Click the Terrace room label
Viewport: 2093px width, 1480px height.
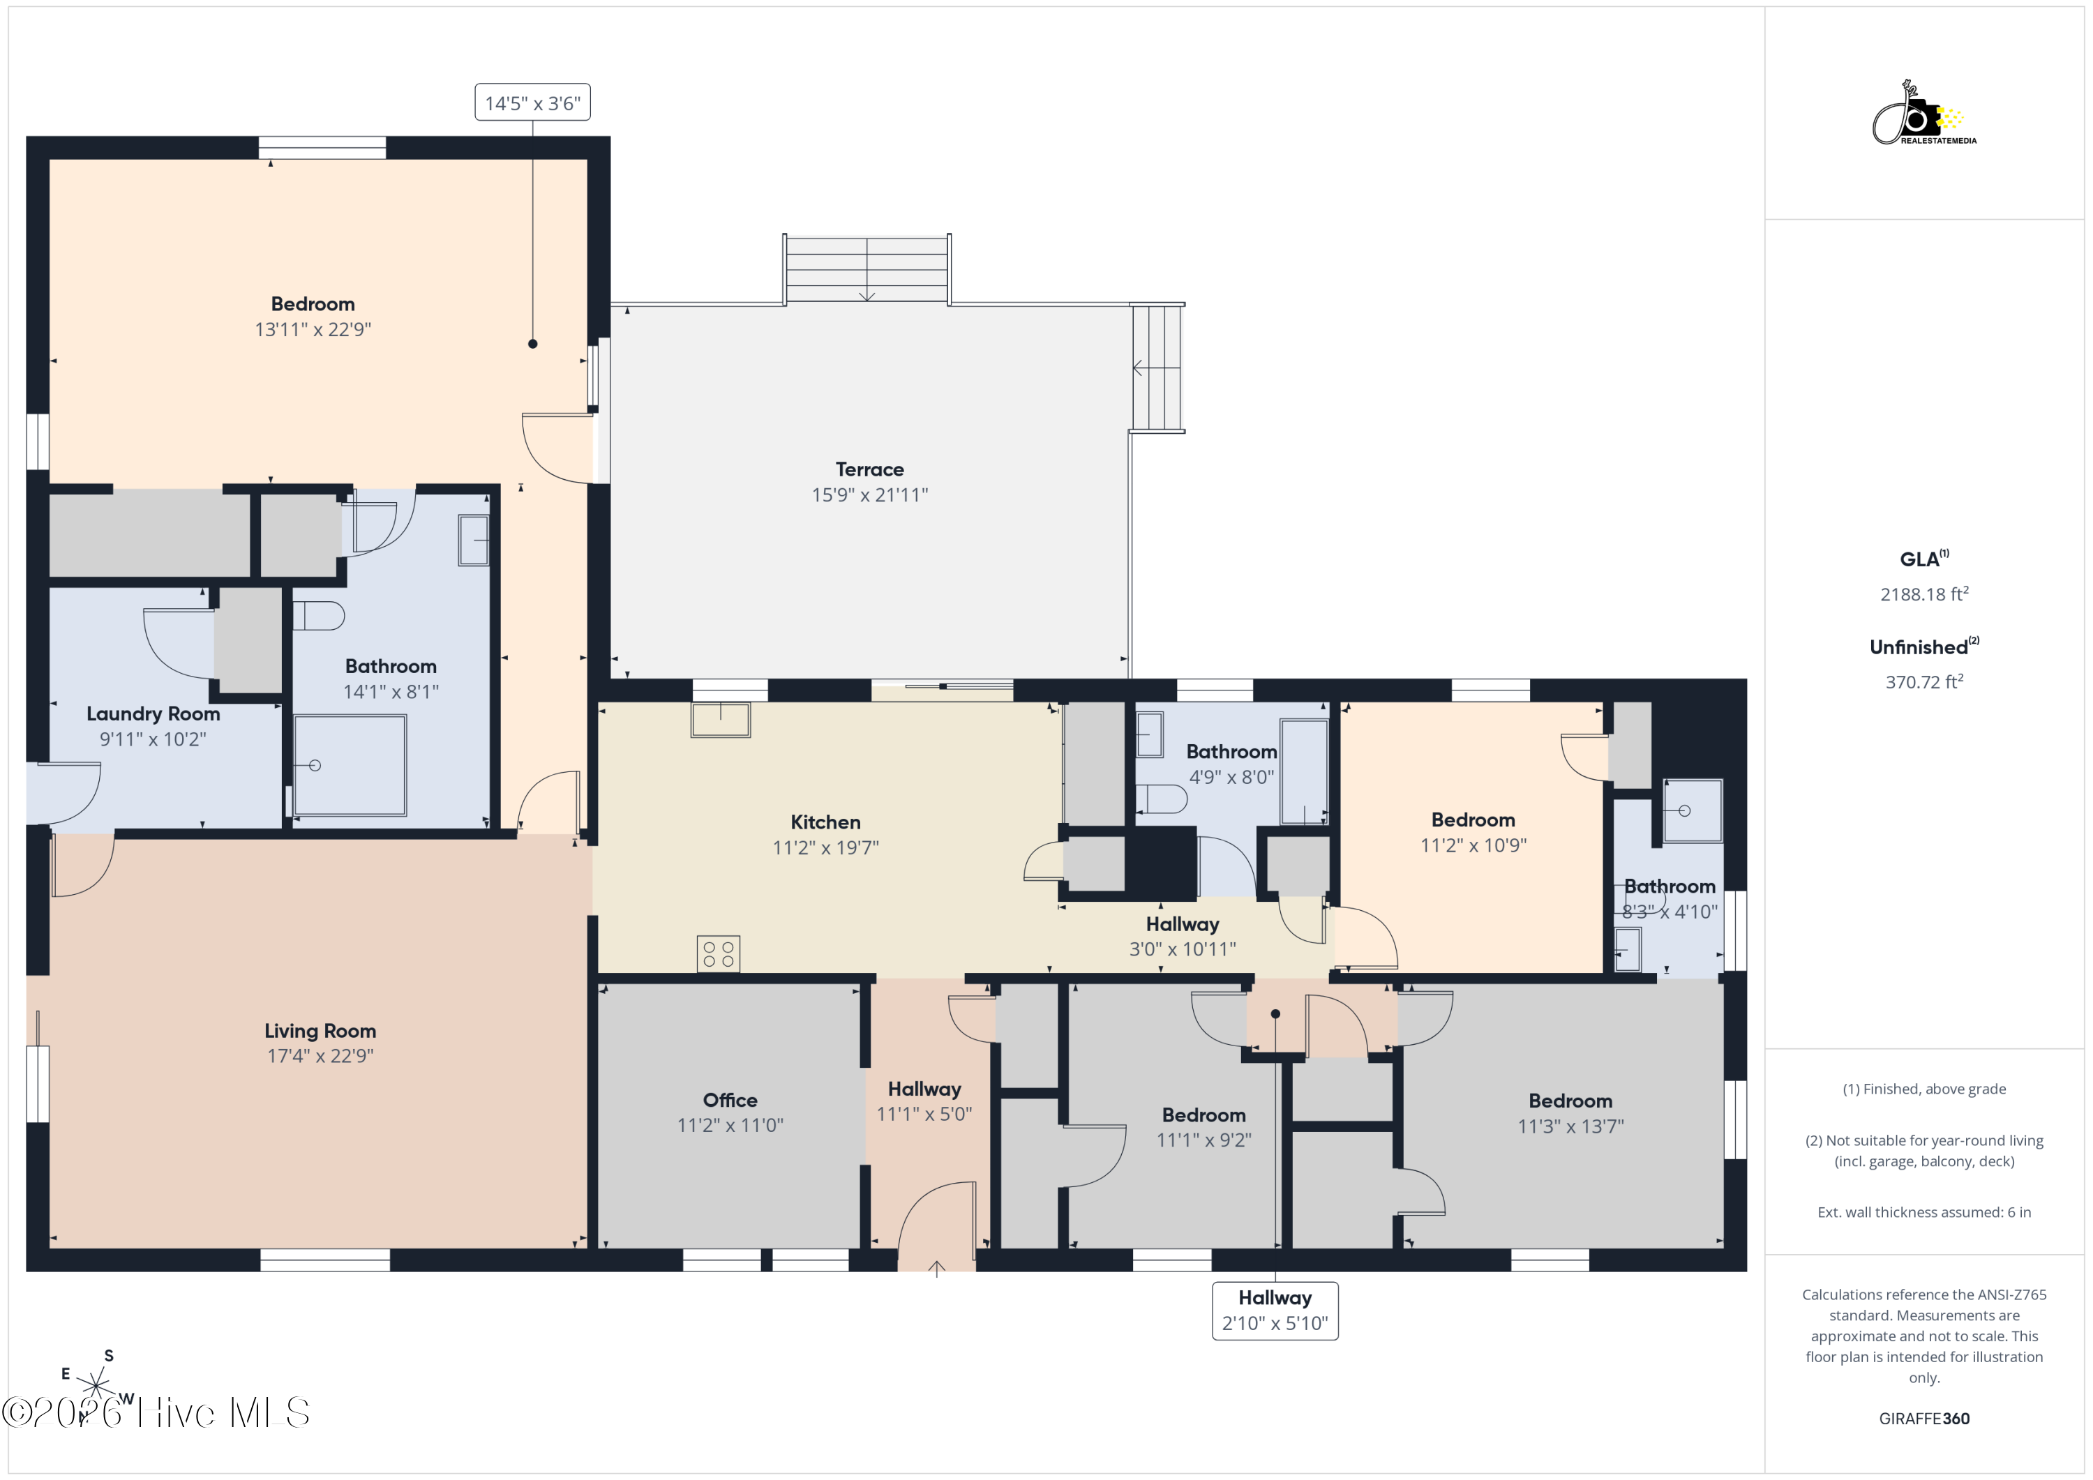(x=870, y=469)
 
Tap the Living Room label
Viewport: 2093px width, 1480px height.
(x=320, y=1031)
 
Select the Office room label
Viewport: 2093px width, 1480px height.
(x=730, y=1100)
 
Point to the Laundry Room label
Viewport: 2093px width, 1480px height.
(x=153, y=713)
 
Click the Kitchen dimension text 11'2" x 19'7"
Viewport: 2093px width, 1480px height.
(x=826, y=847)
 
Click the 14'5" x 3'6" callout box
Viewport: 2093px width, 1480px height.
(x=532, y=102)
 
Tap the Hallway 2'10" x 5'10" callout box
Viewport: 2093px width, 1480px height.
(x=1275, y=1311)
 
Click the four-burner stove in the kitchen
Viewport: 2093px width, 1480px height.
(x=719, y=954)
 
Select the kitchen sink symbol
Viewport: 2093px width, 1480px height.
(x=720, y=719)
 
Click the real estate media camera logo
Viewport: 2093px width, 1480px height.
(x=1923, y=114)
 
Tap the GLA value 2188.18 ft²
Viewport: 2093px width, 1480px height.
(x=1924, y=594)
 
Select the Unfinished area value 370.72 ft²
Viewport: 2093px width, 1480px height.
(x=1924, y=681)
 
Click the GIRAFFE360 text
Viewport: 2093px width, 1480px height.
(x=1924, y=1418)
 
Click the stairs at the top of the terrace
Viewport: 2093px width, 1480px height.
(x=867, y=269)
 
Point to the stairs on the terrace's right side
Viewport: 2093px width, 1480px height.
(x=1157, y=368)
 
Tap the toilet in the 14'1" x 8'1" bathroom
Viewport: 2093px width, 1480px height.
(x=318, y=616)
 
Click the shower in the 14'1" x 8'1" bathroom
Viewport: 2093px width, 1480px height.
(x=350, y=766)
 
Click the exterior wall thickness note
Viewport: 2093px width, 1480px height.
(x=1924, y=1212)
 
